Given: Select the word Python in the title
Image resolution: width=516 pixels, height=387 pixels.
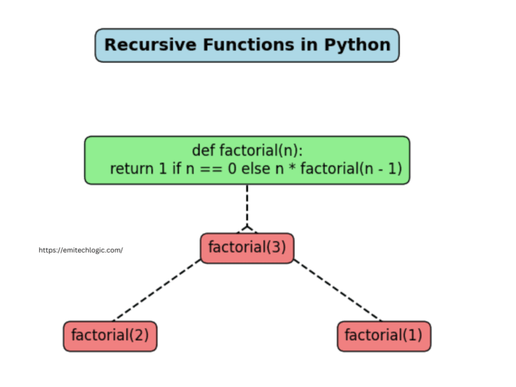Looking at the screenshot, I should tap(357, 45).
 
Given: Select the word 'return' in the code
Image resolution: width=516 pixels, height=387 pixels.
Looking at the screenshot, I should tap(132, 169).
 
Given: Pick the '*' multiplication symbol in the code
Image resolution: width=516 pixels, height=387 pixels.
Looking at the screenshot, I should tap(290, 169).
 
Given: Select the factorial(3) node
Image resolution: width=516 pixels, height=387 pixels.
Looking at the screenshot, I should tap(247, 247).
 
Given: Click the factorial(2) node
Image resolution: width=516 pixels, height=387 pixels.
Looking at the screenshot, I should tap(110, 335).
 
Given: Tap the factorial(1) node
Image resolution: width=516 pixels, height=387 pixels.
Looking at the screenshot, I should tap(384, 335).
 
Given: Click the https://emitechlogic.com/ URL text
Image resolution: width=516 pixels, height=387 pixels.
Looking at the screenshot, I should tap(81, 250).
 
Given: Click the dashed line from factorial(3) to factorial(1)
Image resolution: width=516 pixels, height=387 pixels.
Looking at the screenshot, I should tap(337, 290).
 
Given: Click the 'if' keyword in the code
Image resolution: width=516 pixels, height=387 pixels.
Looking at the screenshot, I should tap(176, 169).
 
